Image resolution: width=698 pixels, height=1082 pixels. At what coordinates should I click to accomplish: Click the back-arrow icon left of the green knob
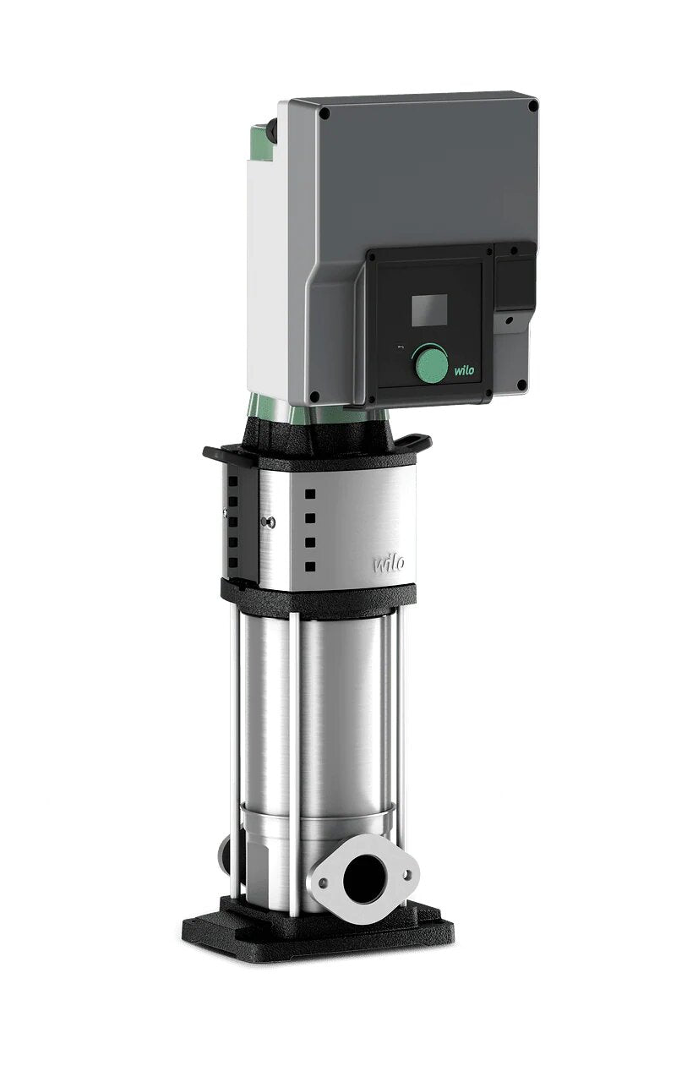[400, 347]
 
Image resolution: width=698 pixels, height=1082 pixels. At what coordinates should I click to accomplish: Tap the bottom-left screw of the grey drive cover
[314, 396]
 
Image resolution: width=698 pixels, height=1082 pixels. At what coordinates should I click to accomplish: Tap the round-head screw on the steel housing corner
[270, 522]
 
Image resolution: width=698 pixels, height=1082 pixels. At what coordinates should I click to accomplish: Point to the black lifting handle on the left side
[217, 453]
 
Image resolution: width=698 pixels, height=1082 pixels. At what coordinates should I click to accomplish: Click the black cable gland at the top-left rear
[272, 132]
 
